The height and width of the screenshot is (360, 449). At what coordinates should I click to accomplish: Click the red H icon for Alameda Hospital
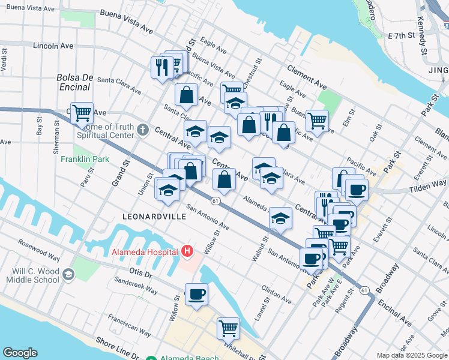[x=187, y=251]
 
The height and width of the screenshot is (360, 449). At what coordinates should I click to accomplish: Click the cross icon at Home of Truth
[x=143, y=129]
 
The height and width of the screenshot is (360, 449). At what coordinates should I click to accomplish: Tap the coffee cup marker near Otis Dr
[x=196, y=294]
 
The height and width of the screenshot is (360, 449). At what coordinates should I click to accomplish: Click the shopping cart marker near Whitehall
[x=228, y=328]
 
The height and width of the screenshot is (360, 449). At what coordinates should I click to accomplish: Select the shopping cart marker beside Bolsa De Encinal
[x=82, y=112]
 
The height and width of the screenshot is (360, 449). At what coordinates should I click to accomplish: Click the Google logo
[x=20, y=353]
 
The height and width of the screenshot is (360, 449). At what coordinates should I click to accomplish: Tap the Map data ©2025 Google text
[x=412, y=355]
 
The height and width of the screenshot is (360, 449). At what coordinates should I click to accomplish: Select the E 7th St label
[x=402, y=36]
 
